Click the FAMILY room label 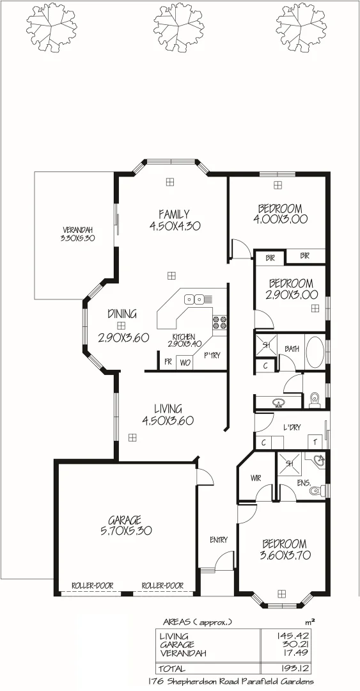coord(174,214)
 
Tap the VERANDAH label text coord(78,230)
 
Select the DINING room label coord(121,314)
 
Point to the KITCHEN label coord(184,337)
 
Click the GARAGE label coord(125,520)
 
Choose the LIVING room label coord(168,408)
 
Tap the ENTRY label coord(219,540)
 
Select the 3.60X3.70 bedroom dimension coord(286,555)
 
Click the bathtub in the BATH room coord(315,353)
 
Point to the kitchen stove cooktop coord(220,322)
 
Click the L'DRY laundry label coord(292,428)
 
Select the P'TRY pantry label coord(212,356)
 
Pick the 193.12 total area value coord(299,669)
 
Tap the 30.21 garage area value coord(300,644)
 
